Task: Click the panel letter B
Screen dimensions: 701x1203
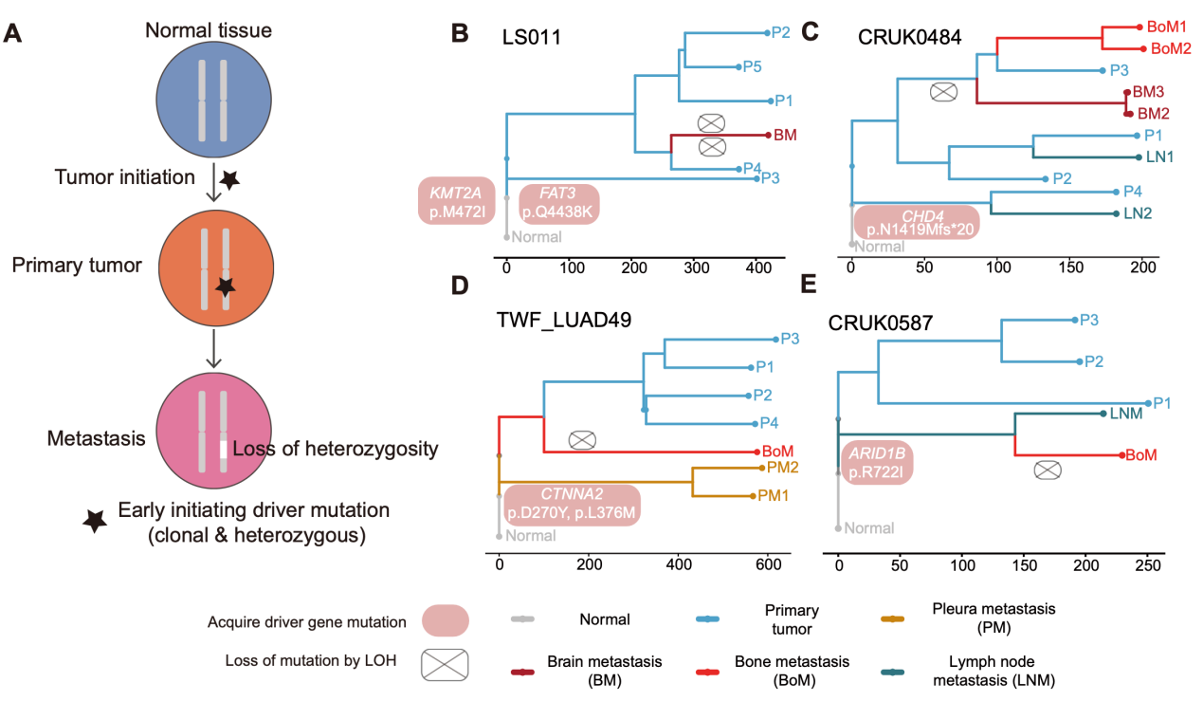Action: point(459,34)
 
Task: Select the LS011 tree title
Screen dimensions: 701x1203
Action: point(534,38)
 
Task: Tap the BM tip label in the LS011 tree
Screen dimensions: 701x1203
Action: point(785,135)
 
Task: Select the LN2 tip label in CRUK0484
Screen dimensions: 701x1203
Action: point(1138,213)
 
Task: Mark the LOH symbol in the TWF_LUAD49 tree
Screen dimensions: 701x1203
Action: point(583,440)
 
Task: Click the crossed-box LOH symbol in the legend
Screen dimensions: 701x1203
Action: point(446,661)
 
